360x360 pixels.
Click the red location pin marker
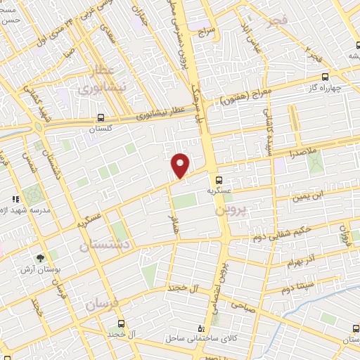[x=181, y=165]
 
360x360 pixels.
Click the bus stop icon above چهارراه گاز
[x=325, y=77]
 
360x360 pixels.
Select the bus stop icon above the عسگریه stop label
[x=221, y=179]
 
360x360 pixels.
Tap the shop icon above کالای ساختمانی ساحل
[x=202, y=328]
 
